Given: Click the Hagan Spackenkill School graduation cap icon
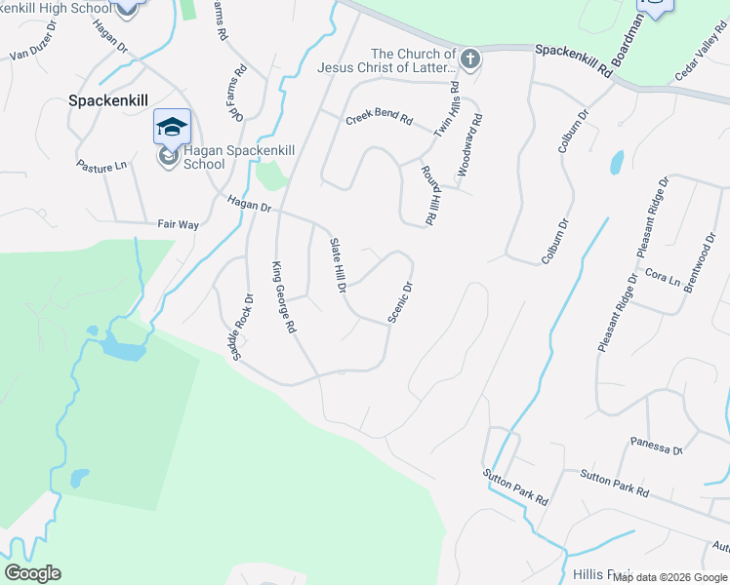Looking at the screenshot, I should [172, 128].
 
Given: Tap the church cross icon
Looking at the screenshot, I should [470, 59].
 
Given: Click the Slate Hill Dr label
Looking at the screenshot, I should [338, 265].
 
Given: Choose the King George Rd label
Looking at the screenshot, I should [283, 298].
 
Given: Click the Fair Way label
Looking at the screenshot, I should [179, 224].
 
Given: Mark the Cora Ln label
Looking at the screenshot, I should [663, 279].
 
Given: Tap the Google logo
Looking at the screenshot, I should [32, 573].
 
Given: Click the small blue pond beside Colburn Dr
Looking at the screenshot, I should [616, 162].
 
